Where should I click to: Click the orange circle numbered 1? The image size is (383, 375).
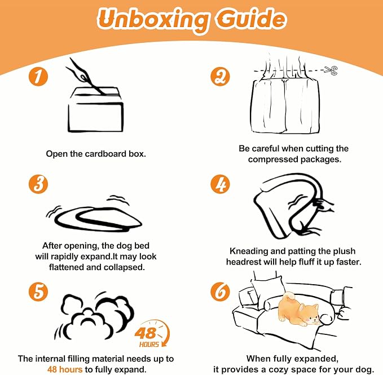pyautogui.click(x=38, y=77)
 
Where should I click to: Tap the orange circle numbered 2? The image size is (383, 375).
pyautogui.click(x=220, y=77)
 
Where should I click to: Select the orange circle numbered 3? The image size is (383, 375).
pyautogui.click(x=38, y=184)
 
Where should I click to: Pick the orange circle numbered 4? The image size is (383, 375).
pyautogui.click(x=220, y=184)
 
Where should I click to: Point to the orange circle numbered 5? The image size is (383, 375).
pyautogui.click(x=38, y=292)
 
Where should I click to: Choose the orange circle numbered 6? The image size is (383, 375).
pyautogui.click(x=220, y=292)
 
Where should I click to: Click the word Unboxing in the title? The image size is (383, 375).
pyautogui.click(x=153, y=20)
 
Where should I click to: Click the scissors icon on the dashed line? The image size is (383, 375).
pyautogui.click(x=331, y=70)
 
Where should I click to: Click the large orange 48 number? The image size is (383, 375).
pyautogui.click(x=146, y=333)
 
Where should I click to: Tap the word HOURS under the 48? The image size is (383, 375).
pyautogui.click(x=149, y=345)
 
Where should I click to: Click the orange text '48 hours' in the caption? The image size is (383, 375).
pyautogui.click(x=65, y=369)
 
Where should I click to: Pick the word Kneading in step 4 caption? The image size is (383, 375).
pyautogui.click(x=247, y=251)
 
